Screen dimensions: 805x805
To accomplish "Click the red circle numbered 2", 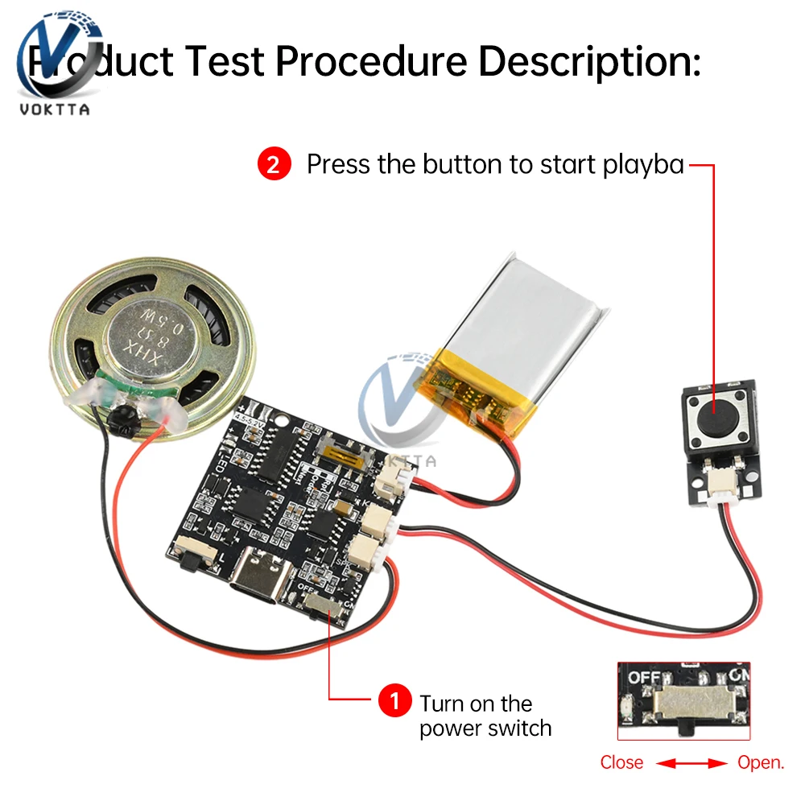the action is [x=274, y=165].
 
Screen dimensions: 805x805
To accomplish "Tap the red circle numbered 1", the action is [x=394, y=700].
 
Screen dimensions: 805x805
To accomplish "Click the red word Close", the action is [x=621, y=762].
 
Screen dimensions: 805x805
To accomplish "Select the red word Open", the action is [x=761, y=762].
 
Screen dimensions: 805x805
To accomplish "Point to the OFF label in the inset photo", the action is [x=645, y=678].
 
